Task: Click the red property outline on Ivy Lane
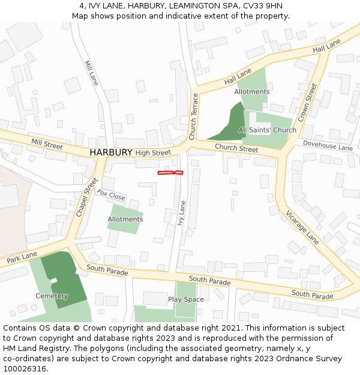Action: [x=170, y=173]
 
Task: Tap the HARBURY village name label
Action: [x=110, y=152]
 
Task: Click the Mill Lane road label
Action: [x=91, y=73]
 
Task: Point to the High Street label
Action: [x=153, y=153]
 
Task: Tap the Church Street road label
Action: [x=236, y=148]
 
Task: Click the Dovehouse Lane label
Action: [x=328, y=146]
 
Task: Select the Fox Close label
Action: [x=112, y=196]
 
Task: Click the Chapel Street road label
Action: [x=86, y=197]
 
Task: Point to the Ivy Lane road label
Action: [x=182, y=212]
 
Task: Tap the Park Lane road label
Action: [x=22, y=258]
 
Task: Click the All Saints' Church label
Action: [x=267, y=130]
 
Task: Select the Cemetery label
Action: [x=52, y=296]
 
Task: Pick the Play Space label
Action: [x=186, y=299]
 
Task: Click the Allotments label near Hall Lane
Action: [x=252, y=92]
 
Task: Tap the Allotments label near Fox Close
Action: [x=125, y=220]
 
